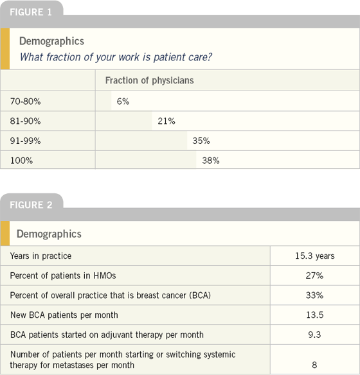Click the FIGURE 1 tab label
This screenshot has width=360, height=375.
pyautogui.click(x=31, y=12)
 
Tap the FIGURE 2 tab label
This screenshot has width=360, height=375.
pyautogui.click(x=31, y=205)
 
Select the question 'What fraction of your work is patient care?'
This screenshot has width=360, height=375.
pyautogui.click(x=116, y=57)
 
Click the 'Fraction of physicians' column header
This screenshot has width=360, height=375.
pyautogui.click(x=150, y=80)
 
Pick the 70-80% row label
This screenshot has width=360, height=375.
pyautogui.click(x=25, y=101)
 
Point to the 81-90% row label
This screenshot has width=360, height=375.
pyautogui.click(x=25, y=121)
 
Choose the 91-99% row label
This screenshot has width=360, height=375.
pyautogui.click(x=25, y=141)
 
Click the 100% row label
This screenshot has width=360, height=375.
pyautogui.click(x=21, y=161)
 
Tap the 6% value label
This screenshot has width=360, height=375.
pyautogui.click(x=123, y=101)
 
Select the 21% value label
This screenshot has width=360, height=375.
pyautogui.click(x=166, y=121)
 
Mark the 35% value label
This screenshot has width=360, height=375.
pyautogui.click(x=201, y=141)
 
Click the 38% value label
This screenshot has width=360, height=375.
pyautogui.click(x=211, y=161)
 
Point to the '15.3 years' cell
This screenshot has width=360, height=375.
pyautogui.click(x=315, y=256)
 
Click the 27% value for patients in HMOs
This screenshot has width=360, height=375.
pyautogui.click(x=314, y=275)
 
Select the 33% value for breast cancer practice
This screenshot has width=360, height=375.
pyautogui.click(x=314, y=295)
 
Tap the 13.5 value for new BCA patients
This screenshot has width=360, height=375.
pyautogui.click(x=315, y=315)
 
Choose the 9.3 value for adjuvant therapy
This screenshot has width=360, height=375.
pyautogui.click(x=314, y=335)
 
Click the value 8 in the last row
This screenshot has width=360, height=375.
pyautogui.click(x=314, y=365)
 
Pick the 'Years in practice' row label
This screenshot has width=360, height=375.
pyautogui.click(x=40, y=256)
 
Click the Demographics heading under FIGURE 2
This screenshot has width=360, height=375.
pyautogui.click(x=49, y=234)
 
